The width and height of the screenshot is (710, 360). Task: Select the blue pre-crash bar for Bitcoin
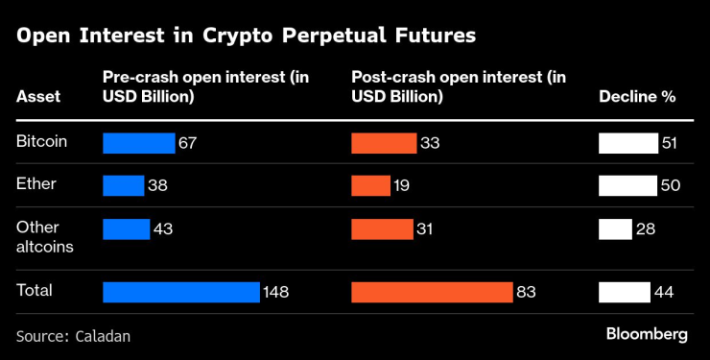[138, 143]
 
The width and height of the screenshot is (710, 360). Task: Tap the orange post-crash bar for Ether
[370, 185]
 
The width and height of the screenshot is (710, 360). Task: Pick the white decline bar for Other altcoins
[615, 228]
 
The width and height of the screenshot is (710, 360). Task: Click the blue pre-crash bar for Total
[181, 292]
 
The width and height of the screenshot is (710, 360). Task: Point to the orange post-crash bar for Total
[432, 292]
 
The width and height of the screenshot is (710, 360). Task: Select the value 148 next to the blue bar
[276, 292]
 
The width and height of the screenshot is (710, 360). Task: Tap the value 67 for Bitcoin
[188, 143]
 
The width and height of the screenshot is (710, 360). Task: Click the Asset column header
[37, 97]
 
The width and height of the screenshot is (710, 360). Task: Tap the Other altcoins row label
[40, 236]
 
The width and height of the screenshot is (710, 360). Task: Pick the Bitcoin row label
[41, 142]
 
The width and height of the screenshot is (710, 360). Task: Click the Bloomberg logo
[647, 334]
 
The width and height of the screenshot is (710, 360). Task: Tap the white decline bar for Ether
[627, 185]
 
